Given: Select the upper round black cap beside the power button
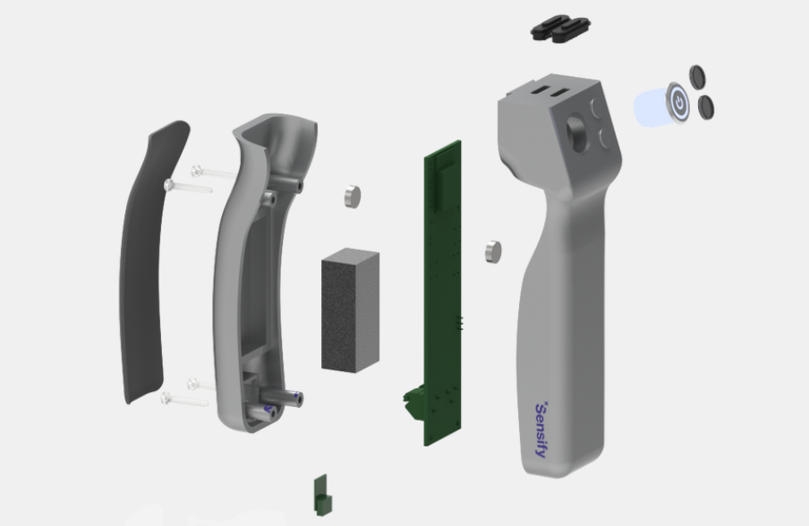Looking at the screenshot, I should (697, 77).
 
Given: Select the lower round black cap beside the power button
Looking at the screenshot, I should (705, 108).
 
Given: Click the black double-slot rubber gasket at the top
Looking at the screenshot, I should (561, 30).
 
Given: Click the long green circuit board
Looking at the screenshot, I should (442, 286).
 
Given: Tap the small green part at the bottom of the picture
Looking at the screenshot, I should (320, 495).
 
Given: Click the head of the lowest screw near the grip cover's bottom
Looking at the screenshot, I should (166, 398).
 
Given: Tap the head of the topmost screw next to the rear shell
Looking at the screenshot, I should (196, 169).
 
